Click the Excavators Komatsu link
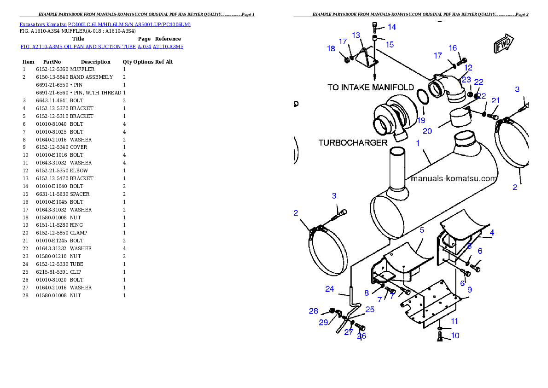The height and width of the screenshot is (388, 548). pyautogui.click(x=43, y=24)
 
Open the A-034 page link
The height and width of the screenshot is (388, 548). pyautogui.click(x=144, y=47)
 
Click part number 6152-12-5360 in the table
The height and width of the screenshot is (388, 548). pyautogui.click(x=52, y=69)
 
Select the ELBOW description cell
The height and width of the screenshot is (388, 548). pyautogui.click(x=79, y=171)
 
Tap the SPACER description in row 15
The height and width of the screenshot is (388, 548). pyautogui.click(x=80, y=194)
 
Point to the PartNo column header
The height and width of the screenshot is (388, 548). pyautogui.click(x=52, y=62)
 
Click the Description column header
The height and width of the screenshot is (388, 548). pyautogui.click(x=95, y=62)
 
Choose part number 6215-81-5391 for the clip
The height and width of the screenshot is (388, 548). pyautogui.click(x=52, y=272)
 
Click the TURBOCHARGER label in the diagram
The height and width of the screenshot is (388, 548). pyautogui.click(x=353, y=143)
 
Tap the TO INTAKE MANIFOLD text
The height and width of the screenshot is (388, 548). pyautogui.click(x=371, y=87)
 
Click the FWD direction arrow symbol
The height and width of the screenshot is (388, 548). pyautogui.click(x=503, y=43)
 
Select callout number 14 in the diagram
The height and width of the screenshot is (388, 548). pyautogui.click(x=392, y=27)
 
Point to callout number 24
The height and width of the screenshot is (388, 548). pyautogui.click(x=330, y=289)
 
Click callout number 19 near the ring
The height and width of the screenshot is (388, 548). pyautogui.click(x=421, y=120)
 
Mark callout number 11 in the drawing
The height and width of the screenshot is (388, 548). pyautogui.click(x=455, y=321)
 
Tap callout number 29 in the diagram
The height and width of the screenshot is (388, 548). pyautogui.click(x=323, y=323)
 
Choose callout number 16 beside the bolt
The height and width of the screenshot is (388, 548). pyautogui.click(x=453, y=48)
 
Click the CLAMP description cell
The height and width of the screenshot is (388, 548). pyautogui.click(x=79, y=233)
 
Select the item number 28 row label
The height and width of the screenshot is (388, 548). pyautogui.click(x=25, y=296)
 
